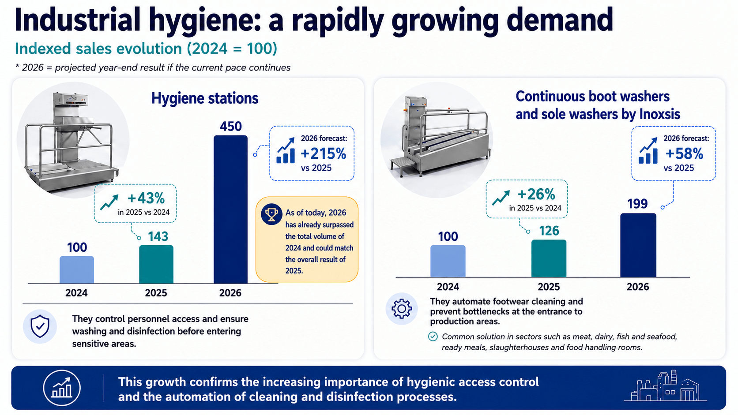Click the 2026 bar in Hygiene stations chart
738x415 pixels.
point(230,209)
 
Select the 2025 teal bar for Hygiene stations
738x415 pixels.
point(156,264)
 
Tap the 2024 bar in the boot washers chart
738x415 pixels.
point(448,262)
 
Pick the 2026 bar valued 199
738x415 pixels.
point(638,246)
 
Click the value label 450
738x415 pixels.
point(230,127)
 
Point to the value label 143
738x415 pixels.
point(158,236)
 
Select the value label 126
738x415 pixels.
point(549,231)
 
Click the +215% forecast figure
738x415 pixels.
point(323,153)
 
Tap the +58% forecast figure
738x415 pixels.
point(684,153)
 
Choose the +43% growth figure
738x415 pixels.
point(146,198)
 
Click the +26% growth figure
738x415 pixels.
point(536,194)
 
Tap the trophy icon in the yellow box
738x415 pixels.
point(271,214)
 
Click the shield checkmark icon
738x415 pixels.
point(40,326)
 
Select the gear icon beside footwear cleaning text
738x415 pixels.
point(401,309)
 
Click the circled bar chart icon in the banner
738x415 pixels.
point(62,388)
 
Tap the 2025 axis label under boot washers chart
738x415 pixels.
point(549,287)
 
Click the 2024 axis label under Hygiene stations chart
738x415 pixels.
point(76,292)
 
